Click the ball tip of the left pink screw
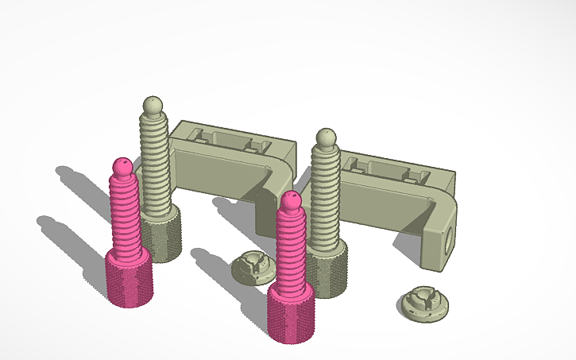pos(122,167)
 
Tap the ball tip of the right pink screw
pos(290,201)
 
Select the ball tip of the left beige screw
pos(153,105)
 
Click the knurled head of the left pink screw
pos(128,278)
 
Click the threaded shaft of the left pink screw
pos(125,215)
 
